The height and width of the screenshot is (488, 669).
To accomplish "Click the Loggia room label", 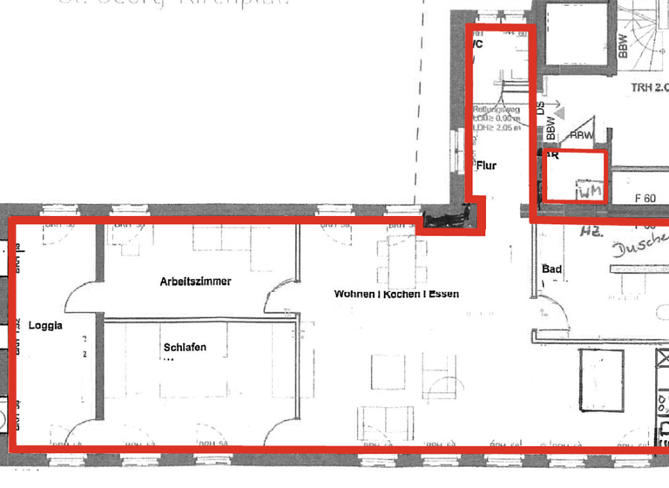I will (45, 327).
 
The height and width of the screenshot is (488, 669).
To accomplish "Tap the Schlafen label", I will (184, 348).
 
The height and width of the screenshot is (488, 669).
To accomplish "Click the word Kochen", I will (400, 295).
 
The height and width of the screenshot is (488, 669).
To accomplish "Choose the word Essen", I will (443, 295).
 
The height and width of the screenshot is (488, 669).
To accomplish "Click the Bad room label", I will (551, 269).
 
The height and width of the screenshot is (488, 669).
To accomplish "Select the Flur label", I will (486, 165).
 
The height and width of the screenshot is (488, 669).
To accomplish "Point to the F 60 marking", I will (645, 198).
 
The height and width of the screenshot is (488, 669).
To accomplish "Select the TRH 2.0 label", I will (649, 87).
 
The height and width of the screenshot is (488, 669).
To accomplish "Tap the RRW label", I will (581, 136).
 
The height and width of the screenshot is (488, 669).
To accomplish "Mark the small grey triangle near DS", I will (558, 113).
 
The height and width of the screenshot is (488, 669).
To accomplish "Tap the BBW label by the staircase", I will (623, 45).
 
